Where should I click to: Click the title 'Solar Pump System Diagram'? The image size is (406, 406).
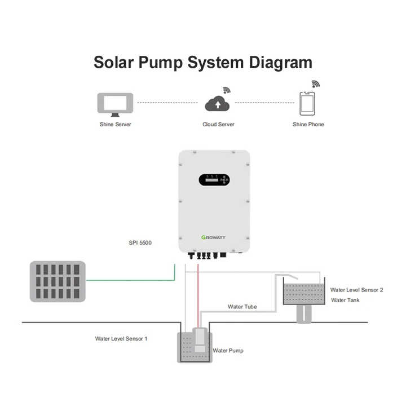pos(202,62)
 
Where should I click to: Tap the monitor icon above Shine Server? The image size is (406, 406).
pos(115,104)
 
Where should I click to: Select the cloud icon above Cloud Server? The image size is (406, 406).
pos(218,104)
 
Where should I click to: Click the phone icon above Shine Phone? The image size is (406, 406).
pos(307,104)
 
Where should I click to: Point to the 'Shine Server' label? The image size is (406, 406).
pos(115,124)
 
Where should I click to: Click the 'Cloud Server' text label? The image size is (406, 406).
pos(218,124)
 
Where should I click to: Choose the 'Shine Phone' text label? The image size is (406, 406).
pos(308,124)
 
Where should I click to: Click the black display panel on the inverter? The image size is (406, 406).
pos(214,180)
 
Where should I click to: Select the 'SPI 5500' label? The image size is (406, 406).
pos(140,243)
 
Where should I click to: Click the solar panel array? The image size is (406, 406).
pos(58,281)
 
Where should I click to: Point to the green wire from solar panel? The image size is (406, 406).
pos(130,280)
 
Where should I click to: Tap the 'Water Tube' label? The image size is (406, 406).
pos(242,307)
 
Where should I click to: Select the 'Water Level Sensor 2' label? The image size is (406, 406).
pos(356,290)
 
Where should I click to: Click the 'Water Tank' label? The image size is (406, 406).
pos(345,300)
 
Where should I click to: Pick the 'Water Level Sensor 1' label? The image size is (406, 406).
pos(121,339)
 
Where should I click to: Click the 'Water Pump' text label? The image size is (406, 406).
pos(228,350)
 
